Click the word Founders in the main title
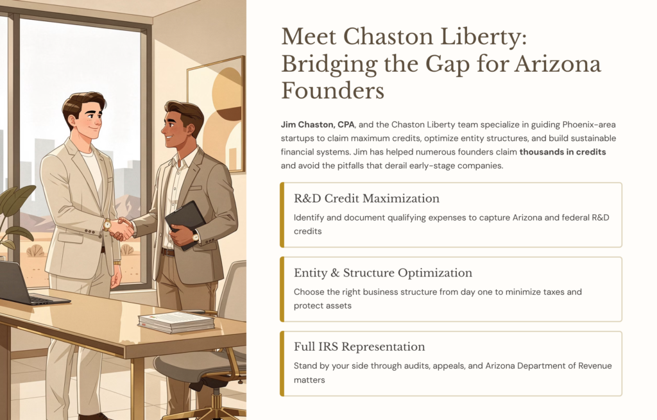tap(332, 90)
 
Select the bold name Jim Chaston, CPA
tap(318, 124)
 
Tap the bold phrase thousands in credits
tap(563, 152)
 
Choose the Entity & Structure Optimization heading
tap(383, 273)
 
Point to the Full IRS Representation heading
tap(359, 347)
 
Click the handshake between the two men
tap(122, 228)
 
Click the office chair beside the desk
tap(205, 346)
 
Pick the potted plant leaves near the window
tap(15, 205)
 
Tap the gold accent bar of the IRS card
tap(282, 364)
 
